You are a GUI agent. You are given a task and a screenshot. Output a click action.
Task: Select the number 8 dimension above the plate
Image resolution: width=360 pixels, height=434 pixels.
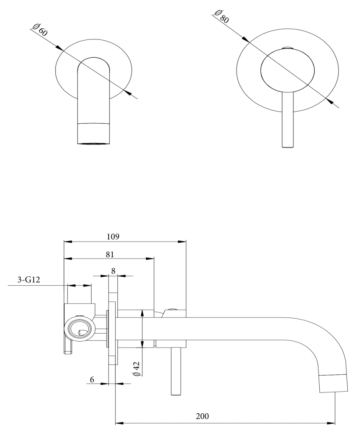(x=113, y=270)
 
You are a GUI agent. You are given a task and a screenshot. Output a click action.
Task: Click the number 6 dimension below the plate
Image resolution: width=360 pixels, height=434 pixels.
(x=92, y=379)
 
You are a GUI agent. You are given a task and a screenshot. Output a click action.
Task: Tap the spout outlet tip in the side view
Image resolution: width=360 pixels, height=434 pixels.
(x=333, y=384)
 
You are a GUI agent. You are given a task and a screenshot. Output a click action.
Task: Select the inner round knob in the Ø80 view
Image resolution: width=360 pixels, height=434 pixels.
(x=287, y=70)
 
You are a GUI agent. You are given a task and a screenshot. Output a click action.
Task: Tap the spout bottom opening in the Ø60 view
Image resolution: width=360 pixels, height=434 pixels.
(x=93, y=144)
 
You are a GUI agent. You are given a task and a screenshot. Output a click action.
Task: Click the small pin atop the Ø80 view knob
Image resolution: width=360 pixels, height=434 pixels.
(x=287, y=48)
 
